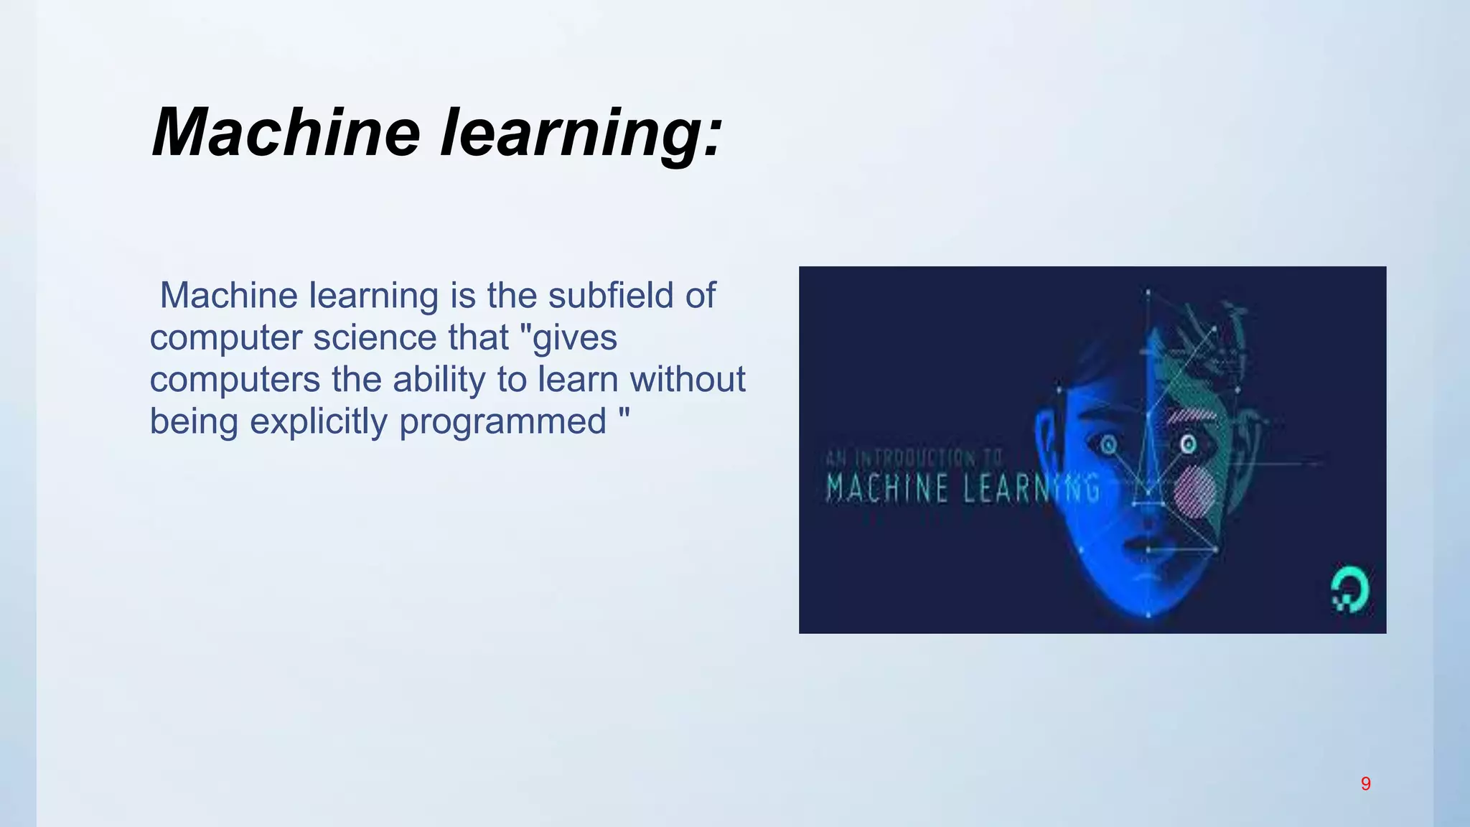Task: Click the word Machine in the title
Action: (x=286, y=133)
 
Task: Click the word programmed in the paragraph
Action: (x=502, y=421)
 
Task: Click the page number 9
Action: (x=1365, y=784)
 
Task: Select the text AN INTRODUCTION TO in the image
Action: (x=914, y=457)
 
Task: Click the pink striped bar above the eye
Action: (x=1191, y=415)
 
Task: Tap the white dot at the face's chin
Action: (x=1148, y=615)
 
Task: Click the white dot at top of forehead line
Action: (x=1148, y=292)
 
